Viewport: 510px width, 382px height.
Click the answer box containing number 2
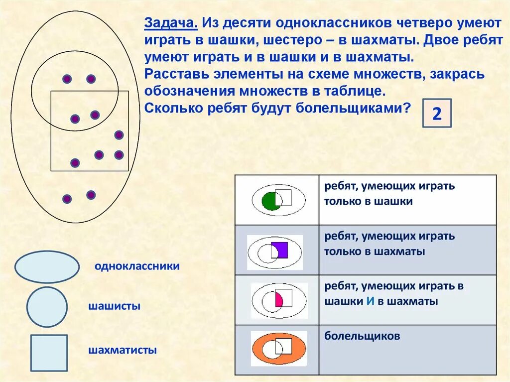[x=437, y=114]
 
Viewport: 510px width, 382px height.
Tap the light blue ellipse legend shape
[x=47, y=267]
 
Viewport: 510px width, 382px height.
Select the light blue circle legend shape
[x=47, y=307]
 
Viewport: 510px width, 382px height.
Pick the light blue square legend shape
[x=49, y=353]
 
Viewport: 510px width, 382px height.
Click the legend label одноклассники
[x=137, y=266]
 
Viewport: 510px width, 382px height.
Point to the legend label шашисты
[x=114, y=306]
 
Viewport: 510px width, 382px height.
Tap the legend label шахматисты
[x=123, y=350]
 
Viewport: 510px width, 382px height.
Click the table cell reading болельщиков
[x=362, y=336]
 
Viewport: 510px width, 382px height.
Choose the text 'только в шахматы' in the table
[x=375, y=252]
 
